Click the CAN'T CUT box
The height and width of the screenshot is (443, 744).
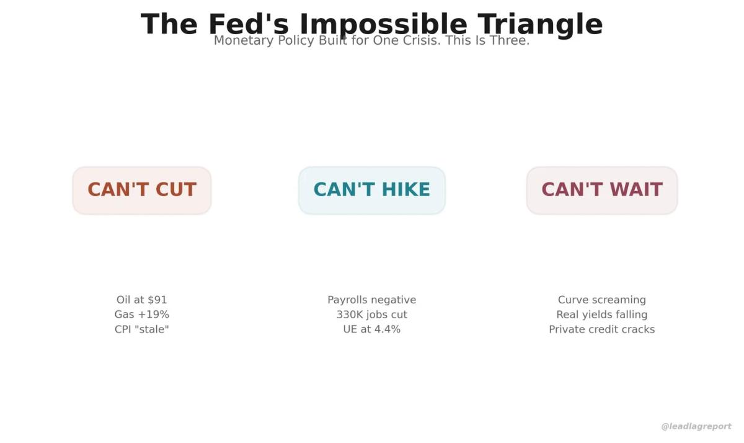142,190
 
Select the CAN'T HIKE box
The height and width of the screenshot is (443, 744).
372,190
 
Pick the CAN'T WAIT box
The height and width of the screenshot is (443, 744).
602,190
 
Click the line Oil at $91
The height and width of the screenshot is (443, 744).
142,300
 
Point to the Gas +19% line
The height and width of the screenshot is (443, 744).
142,315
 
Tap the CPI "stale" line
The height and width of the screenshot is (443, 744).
142,329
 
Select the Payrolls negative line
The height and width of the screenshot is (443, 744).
372,300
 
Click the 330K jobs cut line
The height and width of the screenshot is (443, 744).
372,315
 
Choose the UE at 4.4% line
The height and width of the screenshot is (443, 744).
372,329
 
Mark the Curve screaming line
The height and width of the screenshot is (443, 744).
602,300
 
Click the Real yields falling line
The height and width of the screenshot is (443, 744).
602,315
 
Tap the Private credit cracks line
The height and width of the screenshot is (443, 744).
602,329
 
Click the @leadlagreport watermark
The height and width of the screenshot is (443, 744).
696,426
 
